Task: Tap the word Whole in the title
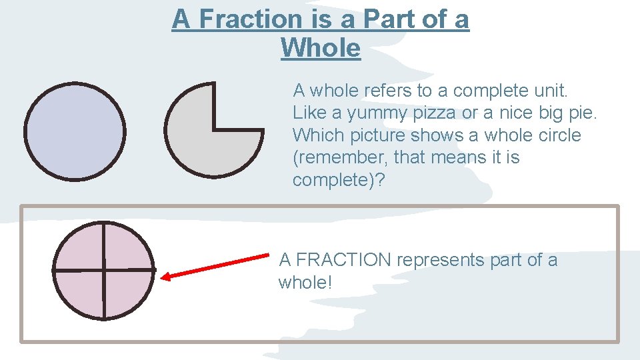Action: point(321,48)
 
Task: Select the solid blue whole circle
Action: point(75,131)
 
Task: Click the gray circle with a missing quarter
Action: point(200,140)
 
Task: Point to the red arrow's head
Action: point(167,276)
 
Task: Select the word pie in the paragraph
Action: point(581,113)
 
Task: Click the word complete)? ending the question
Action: point(339,181)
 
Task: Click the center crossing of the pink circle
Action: point(104,270)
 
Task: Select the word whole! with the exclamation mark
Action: point(305,283)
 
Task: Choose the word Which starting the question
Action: point(316,135)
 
